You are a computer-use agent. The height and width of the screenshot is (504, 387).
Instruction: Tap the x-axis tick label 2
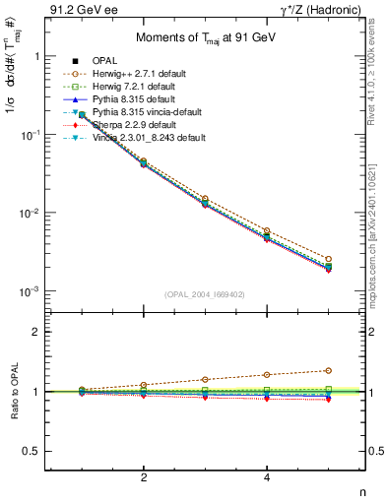pos(144,477)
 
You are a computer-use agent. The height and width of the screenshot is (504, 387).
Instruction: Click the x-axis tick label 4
pos(267,477)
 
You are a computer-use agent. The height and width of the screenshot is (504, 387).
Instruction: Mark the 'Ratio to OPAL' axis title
pos(11,391)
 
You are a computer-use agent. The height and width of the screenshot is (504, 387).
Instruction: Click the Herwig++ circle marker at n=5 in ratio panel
pos(328,370)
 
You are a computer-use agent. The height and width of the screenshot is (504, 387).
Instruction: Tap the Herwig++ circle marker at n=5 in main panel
pos(328,258)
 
